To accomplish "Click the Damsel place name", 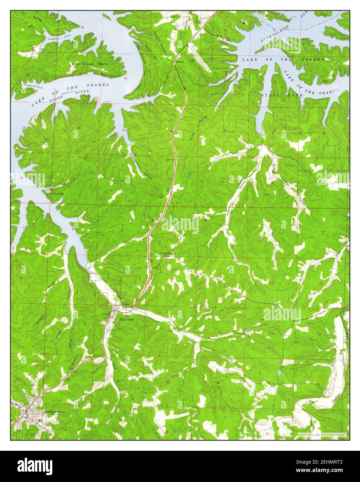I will tap(179, 61).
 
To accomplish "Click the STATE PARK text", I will tap(282, 94).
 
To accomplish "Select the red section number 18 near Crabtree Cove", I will tap(82, 27).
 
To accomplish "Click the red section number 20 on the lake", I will tap(125, 79).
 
